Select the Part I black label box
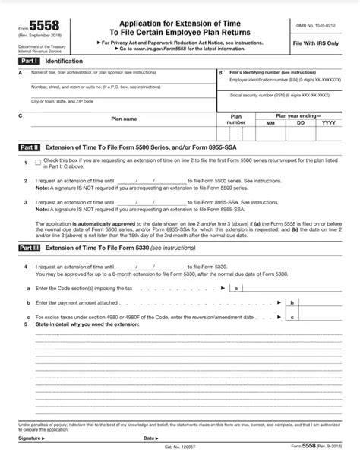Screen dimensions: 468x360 30,60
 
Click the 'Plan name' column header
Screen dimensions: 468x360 125,119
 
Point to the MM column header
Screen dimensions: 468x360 271,122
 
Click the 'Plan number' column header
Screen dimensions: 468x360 236,119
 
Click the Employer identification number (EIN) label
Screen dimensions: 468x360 285,79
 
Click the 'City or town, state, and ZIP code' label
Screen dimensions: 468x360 62,101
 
